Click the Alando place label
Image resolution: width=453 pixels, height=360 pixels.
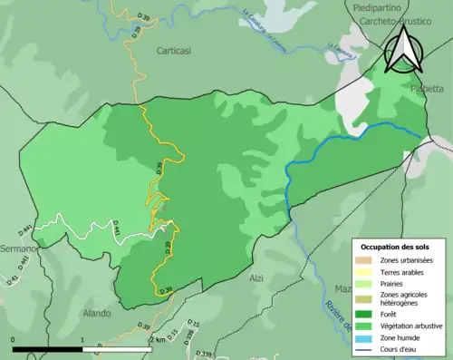(96, 313)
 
